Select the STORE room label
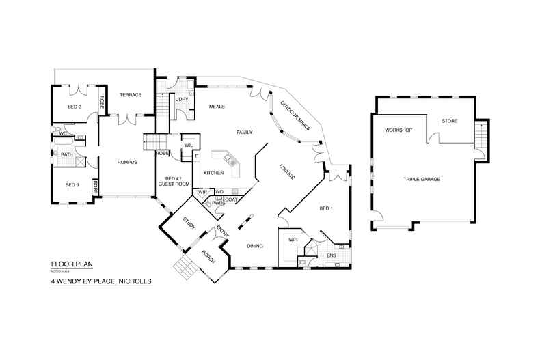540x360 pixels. coord(448,121)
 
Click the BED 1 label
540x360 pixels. coord(327,208)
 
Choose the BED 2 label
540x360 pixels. coord(75,107)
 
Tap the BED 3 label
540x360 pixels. coord(72,184)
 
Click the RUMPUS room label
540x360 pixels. coord(127,162)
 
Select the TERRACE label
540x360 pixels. coord(130,94)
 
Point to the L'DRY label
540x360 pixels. coord(182,100)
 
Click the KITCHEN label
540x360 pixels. coord(214,173)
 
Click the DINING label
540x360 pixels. coord(255,246)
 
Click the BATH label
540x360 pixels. coord(66,154)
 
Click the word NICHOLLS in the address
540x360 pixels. coord(135,281)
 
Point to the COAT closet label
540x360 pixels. coord(230,199)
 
